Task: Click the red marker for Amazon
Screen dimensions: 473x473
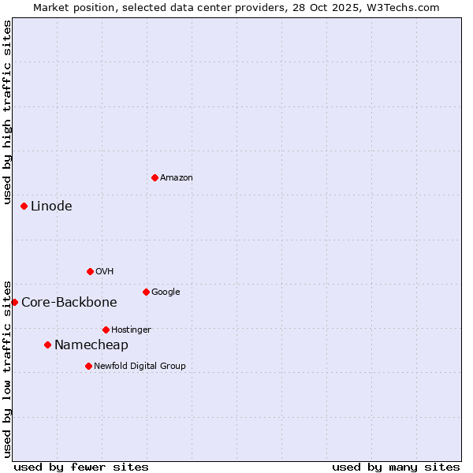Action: tap(155, 177)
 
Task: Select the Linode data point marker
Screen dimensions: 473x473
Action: tap(24, 206)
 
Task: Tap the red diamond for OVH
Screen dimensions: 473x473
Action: tap(90, 271)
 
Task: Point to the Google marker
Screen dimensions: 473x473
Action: tap(146, 292)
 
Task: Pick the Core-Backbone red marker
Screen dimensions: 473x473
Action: tap(14, 302)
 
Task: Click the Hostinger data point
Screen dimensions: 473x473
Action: tap(106, 330)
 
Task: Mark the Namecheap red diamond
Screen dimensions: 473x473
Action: tap(47, 345)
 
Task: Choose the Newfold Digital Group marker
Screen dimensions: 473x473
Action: tap(88, 366)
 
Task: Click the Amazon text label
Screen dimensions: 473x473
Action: tap(177, 178)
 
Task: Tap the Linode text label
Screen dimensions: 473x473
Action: tap(51, 207)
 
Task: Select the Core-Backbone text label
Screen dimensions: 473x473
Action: tap(69, 303)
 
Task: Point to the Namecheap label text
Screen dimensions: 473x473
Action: tap(91, 345)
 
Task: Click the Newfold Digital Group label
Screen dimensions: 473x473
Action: tap(140, 366)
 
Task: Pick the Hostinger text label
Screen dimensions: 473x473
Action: tap(132, 330)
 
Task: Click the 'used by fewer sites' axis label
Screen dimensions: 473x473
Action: tap(81, 467)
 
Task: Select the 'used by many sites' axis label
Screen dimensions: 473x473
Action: tap(396, 467)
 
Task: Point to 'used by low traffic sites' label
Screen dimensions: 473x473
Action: tap(7, 368)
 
